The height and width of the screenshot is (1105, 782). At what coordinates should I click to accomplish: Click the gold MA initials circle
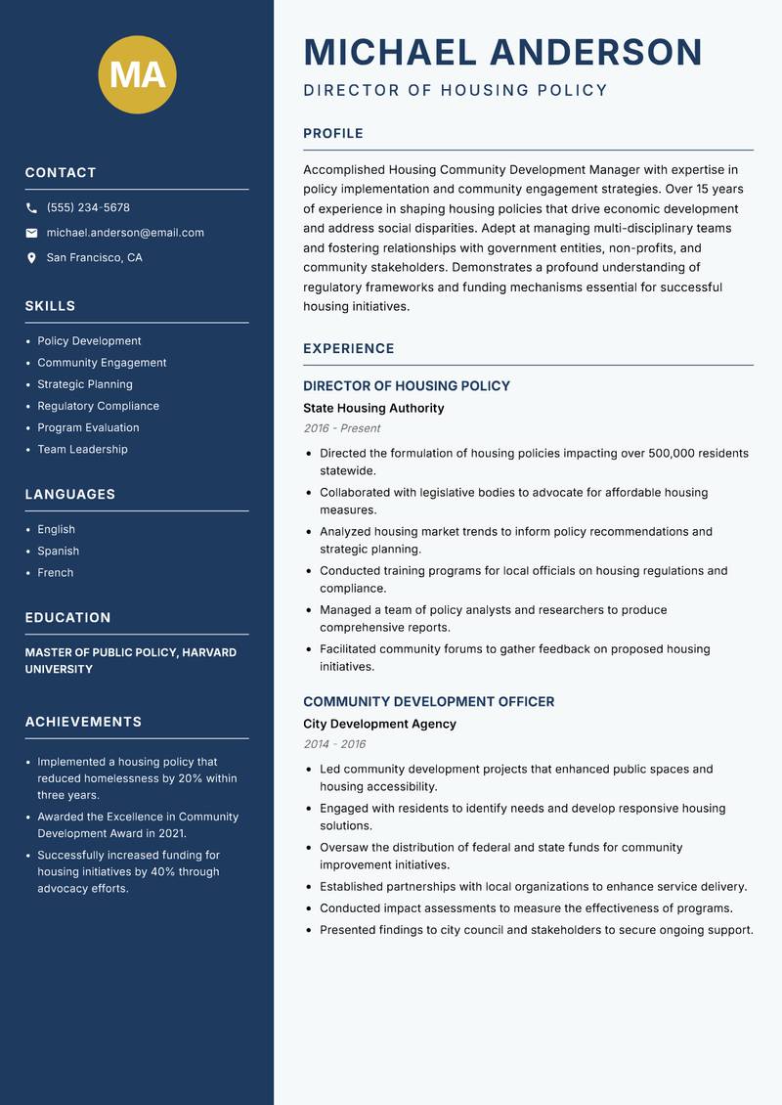[138, 74]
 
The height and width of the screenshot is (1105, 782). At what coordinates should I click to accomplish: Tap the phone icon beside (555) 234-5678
[32, 208]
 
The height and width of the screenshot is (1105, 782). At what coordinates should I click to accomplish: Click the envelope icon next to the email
[32, 233]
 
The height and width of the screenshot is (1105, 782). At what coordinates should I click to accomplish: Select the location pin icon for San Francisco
[32, 258]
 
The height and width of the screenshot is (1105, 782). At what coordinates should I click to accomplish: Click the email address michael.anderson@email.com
[125, 233]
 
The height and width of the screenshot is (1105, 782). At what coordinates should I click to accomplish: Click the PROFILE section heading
[332, 134]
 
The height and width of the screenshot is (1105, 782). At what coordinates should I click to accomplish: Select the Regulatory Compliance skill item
[98, 406]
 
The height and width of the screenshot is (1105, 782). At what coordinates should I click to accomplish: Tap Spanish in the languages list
[58, 552]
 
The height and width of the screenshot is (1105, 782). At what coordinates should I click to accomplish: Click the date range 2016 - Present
[341, 428]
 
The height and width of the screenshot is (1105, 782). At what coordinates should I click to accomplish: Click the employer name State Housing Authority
[373, 409]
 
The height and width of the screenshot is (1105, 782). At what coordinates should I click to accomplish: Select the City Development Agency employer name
[379, 725]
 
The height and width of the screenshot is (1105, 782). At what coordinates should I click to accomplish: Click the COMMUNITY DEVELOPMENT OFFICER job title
[428, 702]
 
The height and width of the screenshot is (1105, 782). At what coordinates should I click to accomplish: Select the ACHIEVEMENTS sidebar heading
[83, 722]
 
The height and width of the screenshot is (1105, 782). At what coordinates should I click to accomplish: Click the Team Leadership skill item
[82, 450]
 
